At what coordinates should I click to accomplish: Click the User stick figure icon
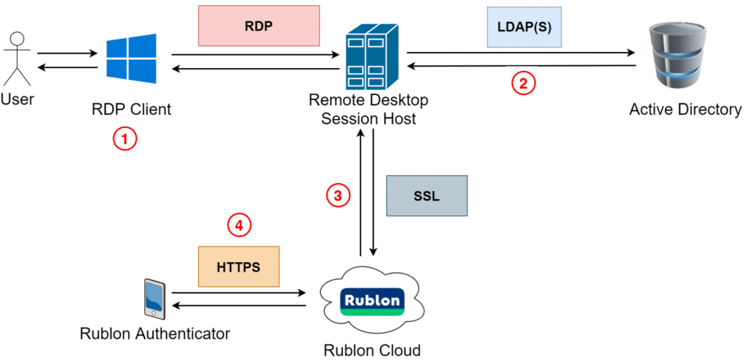pos(16,58)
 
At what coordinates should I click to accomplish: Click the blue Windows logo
pos(131,60)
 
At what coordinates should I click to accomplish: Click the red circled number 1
pos(125,139)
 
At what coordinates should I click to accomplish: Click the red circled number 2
pos(523,83)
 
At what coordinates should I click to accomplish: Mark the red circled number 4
pos(238,225)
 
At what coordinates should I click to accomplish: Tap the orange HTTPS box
pos(238,266)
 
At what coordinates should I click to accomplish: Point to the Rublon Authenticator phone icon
pos(154,299)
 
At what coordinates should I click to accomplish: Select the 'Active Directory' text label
pos(685,110)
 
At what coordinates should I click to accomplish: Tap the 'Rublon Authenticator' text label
pos(155,334)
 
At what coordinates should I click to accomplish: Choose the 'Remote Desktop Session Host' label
pos(369,109)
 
